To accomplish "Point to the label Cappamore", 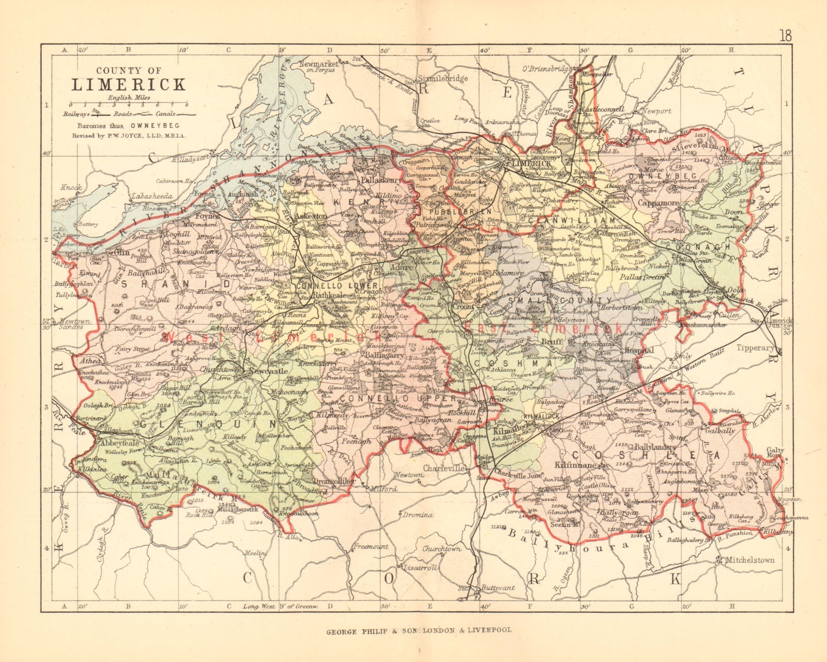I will [658, 203].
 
